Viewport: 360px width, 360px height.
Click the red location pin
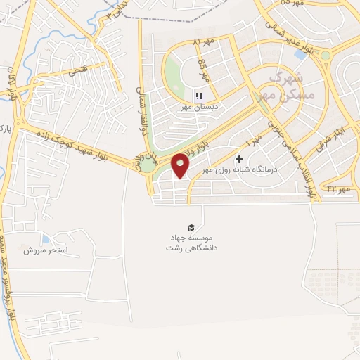[181, 166]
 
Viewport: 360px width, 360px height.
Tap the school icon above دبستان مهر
[198, 96]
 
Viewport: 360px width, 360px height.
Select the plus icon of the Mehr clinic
[240, 160]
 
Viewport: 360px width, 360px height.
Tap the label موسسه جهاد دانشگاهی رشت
[191, 243]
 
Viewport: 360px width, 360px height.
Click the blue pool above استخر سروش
[45, 239]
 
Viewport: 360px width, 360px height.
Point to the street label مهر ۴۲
[337, 188]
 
